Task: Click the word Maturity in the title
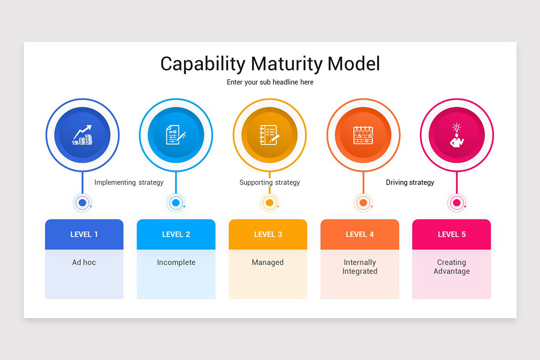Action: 287,64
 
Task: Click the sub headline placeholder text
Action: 270,82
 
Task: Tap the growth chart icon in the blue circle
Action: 82,135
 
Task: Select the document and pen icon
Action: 176,135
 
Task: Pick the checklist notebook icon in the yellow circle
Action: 270,135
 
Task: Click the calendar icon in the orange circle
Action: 363,135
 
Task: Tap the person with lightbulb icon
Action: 457,135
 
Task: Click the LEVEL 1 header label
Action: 84,234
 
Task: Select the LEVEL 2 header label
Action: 176,234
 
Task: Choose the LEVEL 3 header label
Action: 268,234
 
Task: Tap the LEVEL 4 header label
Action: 360,234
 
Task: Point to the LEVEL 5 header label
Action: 451,234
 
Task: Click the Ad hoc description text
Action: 84,262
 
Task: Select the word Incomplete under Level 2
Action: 176,262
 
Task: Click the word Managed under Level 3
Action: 268,262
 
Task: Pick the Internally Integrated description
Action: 360,267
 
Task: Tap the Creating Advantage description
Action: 451,267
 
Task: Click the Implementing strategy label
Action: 129,183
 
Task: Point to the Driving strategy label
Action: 410,183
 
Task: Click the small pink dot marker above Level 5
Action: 457,203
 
